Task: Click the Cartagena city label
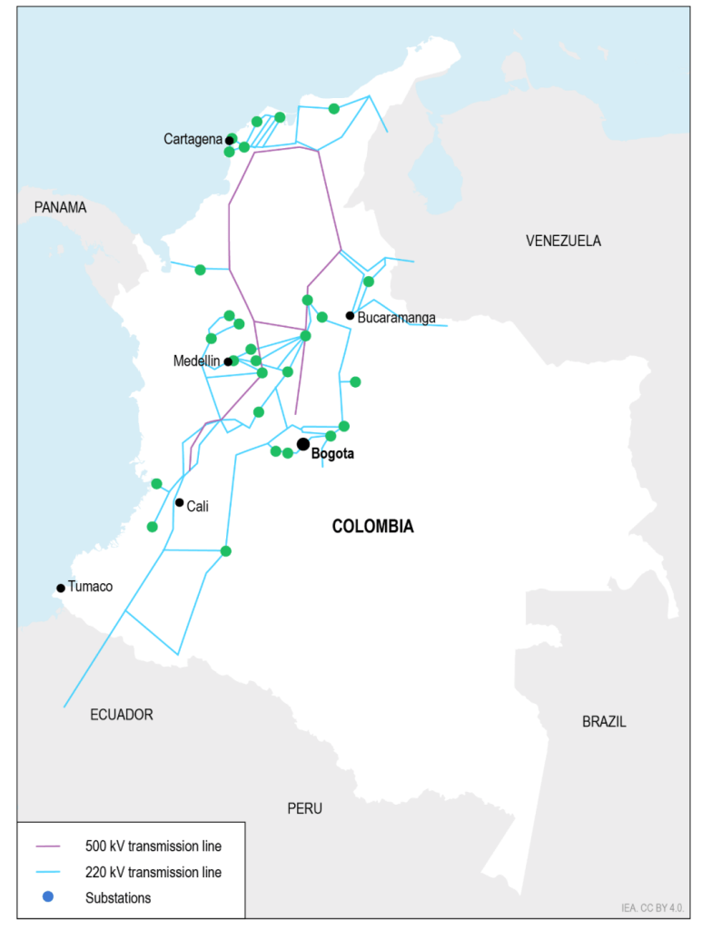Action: [193, 139]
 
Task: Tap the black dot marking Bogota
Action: [302, 444]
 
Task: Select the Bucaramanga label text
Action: [397, 318]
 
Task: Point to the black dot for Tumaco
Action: [61, 588]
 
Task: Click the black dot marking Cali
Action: [180, 502]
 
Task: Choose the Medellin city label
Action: [196, 361]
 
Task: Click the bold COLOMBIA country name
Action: [372, 526]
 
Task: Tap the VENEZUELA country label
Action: [563, 241]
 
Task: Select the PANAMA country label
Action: [60, 207]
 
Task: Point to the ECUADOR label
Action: [122, 715]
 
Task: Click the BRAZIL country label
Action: [604, 722]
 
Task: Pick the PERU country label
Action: [304, 808]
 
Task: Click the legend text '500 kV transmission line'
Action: [153, 846]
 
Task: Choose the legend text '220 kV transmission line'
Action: [153, 872]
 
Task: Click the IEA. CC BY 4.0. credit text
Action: [652, 906]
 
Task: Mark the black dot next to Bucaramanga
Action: [350, 316]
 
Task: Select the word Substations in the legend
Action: [118, 897]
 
